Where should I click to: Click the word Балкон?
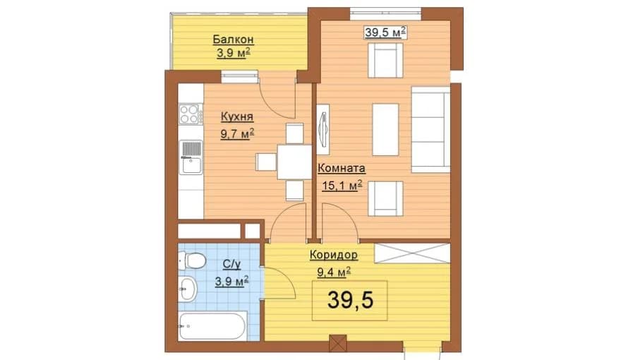click(x=233, y=40)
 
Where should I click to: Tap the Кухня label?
click(x=237, y=117)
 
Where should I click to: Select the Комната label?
click(x=342, y=168)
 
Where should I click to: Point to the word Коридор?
click(x=334, y=255)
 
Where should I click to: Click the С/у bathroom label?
click(x=231, y=264)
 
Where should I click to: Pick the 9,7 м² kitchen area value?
click(x=237, y=134)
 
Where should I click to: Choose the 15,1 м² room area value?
click(x=342, y=185)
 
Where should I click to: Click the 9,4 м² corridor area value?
click(x=334, y=272)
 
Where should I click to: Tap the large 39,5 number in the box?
click(x=350, y=301)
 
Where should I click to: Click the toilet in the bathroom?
click(x=192, y=260)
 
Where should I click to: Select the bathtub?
click(x=212, y=326)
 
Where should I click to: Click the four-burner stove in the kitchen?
click(x=190, y=114)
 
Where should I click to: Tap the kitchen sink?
click(x=191, y=157)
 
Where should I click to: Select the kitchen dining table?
click(x=294, y=162)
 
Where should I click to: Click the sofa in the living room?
click(x=431, y=129)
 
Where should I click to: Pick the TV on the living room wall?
click(x=322, y=129)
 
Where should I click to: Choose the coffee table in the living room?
click(x=385, y=129)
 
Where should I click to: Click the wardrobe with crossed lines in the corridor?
click(x=412, y=253)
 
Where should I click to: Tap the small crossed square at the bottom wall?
click(x=337, y=343)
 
